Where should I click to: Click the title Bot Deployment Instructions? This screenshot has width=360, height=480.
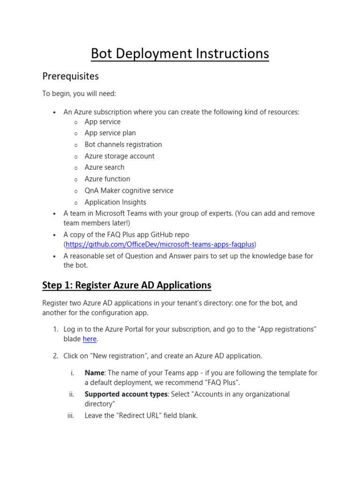180,53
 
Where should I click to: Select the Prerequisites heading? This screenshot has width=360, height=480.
70,76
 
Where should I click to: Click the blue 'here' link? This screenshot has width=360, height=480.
90,338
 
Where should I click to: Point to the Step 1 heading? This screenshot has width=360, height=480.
127,285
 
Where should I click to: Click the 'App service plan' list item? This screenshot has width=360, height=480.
110,133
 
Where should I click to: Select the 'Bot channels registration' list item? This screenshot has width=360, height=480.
123,144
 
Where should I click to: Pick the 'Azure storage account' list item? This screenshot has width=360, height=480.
120,156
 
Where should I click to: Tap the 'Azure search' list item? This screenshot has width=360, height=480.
105,167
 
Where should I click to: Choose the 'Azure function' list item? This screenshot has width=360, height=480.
107,179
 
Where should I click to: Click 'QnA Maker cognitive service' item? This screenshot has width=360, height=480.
129,190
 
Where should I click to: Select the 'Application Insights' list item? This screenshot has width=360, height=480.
115,202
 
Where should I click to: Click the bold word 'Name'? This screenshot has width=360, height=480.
94,373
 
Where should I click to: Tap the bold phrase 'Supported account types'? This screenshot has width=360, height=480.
126,394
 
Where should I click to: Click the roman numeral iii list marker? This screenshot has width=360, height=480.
72,415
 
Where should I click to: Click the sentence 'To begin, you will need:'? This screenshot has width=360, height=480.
79,94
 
